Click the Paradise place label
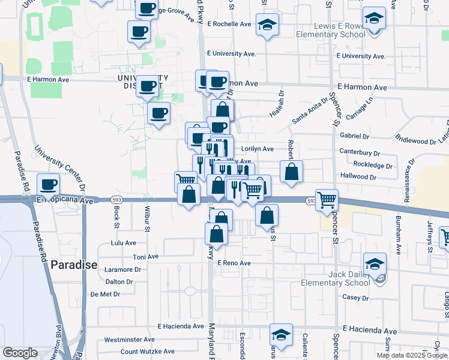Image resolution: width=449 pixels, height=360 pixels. click(x=73, y=264)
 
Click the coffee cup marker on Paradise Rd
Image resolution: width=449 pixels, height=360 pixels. click(x=48, y=184)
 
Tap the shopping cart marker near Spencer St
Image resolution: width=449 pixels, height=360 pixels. click(x=327, y=200)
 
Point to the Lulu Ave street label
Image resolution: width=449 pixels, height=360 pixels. click(x=124, y=243)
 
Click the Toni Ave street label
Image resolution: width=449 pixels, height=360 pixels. click(x=145, y=256)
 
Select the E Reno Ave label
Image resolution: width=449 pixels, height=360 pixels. click(x=234, y=263)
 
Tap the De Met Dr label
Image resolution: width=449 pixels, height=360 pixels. click(x=105, y=294)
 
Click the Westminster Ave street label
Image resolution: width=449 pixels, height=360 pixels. click(x=130, y=340)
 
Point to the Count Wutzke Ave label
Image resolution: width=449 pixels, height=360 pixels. click(x=147, y=352)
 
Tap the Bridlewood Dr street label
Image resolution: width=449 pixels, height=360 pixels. click(x=416, y=141)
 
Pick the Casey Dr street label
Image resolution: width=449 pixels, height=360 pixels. click(x=355, y=298)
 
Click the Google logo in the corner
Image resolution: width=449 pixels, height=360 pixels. click(x=20, y=353)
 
